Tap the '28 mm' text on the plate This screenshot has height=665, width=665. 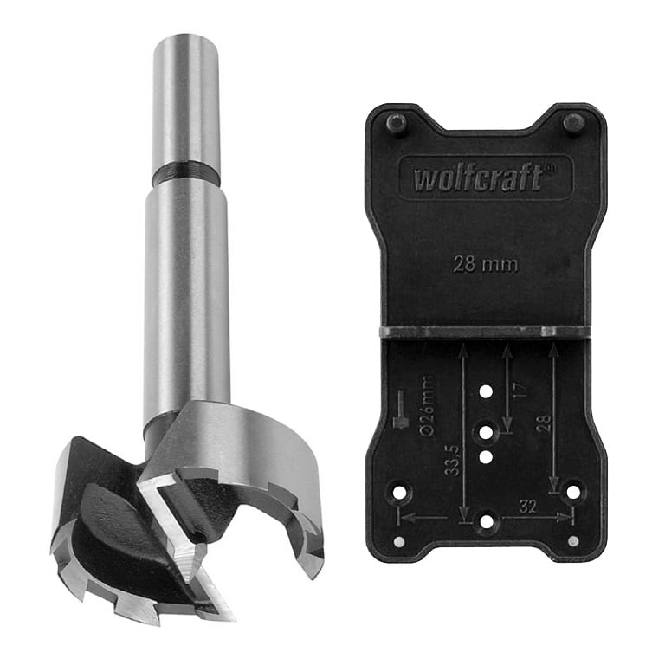pos(486,265)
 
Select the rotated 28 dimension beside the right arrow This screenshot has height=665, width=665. pos(544,423)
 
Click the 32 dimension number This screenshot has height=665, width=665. pos(527,507)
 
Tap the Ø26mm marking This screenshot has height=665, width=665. pos(428,406)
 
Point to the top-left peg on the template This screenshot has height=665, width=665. pos(397,125)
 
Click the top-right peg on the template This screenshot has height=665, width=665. pos(573,124)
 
